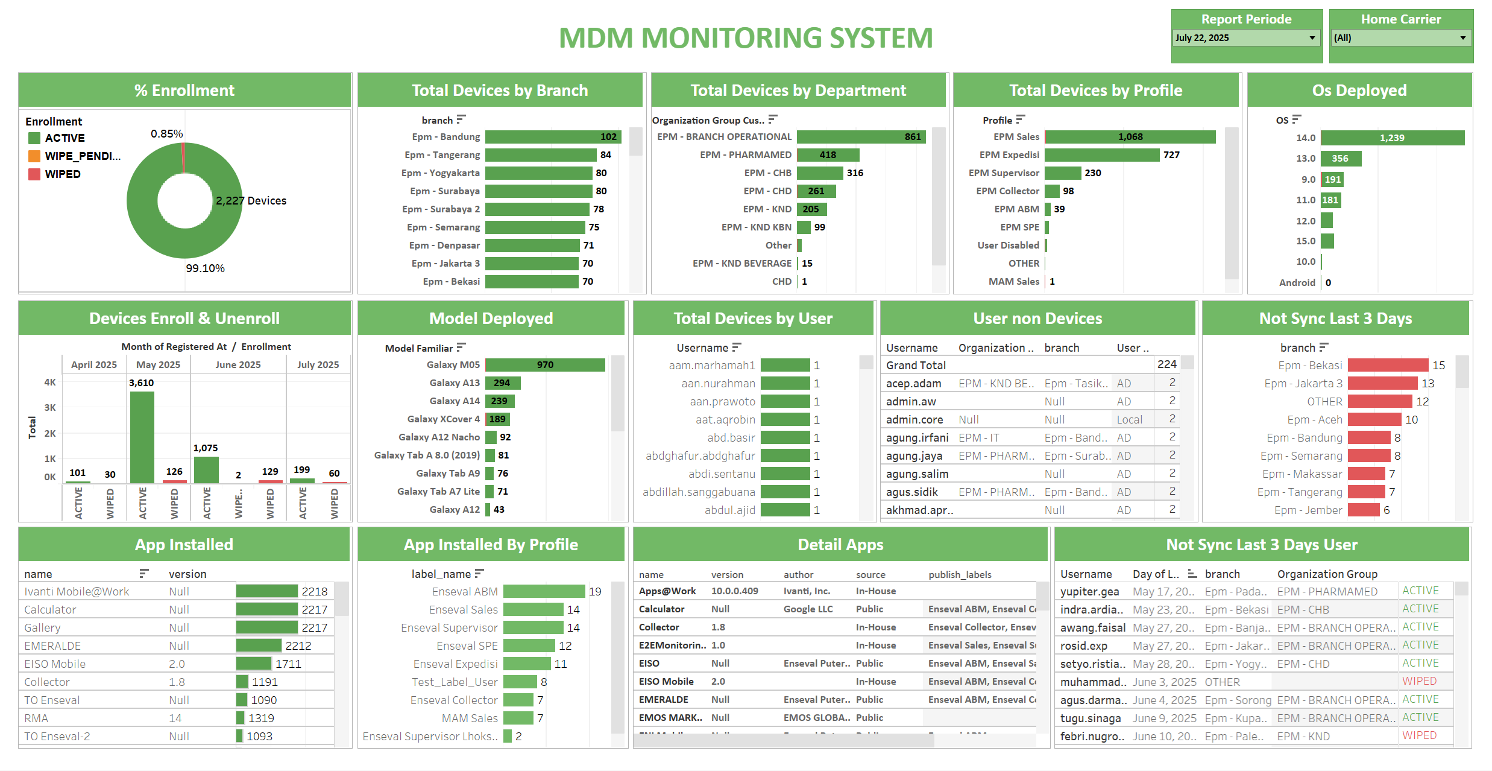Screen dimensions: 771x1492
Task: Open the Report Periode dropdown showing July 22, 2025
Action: [1245, 38]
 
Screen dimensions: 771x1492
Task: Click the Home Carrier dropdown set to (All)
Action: [1400, 38]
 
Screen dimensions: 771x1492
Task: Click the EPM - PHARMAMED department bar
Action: [828, 155]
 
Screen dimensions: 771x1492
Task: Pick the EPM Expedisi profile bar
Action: [1101, 155]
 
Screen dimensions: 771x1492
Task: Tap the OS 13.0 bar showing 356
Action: [1341, 159]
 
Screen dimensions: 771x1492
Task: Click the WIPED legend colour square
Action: [34, 174]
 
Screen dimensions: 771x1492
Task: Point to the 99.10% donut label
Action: [205, 268]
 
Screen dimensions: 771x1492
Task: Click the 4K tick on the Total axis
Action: [50, 382]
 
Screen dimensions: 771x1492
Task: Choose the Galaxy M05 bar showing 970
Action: [544, 365]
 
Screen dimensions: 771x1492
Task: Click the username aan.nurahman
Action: [718, 384]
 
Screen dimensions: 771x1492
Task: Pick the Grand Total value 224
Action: [1166, 364]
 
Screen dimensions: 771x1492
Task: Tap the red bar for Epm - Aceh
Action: [1374, 420]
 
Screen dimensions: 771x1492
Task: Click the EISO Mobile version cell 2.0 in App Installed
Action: [177, 664]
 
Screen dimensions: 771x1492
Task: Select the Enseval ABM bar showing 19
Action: [544, 592]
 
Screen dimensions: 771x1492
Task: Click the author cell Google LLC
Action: [808, 609]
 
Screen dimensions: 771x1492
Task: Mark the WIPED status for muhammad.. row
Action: [1419, 682]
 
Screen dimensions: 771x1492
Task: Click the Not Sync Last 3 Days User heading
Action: [1261, 545]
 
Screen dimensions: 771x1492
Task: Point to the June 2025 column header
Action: [238, 365]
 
